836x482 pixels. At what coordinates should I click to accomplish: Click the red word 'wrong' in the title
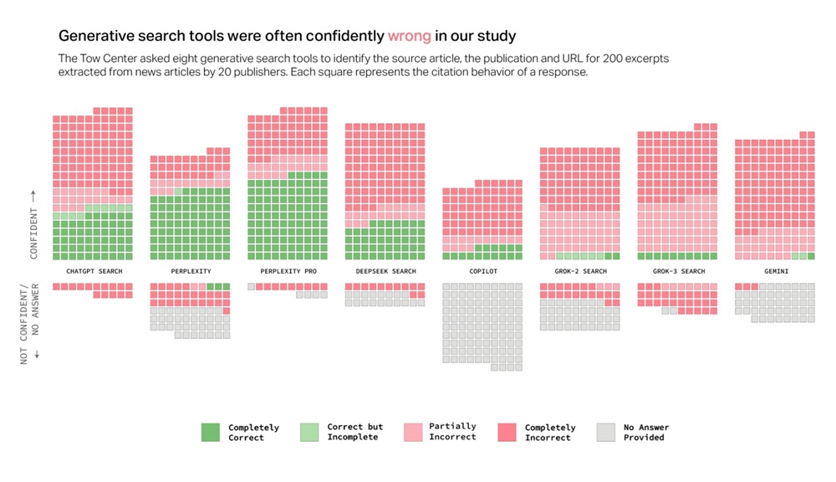click(410, 36)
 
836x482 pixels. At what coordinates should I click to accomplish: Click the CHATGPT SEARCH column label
click(94, 271)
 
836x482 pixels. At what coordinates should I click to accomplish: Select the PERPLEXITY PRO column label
click(288, 271)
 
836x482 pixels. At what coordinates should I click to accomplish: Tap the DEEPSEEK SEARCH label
click(385, 271)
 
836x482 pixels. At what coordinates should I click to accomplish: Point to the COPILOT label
click(482, 271)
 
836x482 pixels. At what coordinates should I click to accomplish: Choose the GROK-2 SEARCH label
click(579, 271)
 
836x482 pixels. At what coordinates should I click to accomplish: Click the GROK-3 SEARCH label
click(677, 271)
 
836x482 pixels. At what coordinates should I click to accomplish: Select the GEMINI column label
click(775, 271)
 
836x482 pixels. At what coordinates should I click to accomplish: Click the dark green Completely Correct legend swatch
click(211, 432)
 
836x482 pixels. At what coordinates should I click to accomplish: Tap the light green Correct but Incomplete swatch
click(309, 432)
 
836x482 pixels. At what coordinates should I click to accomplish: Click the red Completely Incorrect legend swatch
click(507, 432)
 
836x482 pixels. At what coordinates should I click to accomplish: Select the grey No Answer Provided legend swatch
click(606, 432)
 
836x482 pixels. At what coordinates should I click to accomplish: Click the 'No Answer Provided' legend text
click(646, 432)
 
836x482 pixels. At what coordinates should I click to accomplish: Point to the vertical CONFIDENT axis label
click(33, 224)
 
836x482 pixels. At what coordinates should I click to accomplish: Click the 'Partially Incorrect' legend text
click(452, 432)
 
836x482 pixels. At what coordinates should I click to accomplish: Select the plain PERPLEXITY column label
click(191, 271)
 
